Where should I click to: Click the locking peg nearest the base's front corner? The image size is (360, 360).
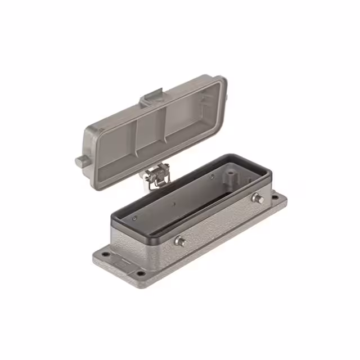click(x=181, y=241)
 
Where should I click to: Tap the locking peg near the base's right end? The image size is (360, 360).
click(x=259, y=198)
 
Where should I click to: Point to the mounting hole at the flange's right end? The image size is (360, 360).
click(x=275, y=197)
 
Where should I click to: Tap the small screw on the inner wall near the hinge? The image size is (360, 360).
click(x=212, y=176)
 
